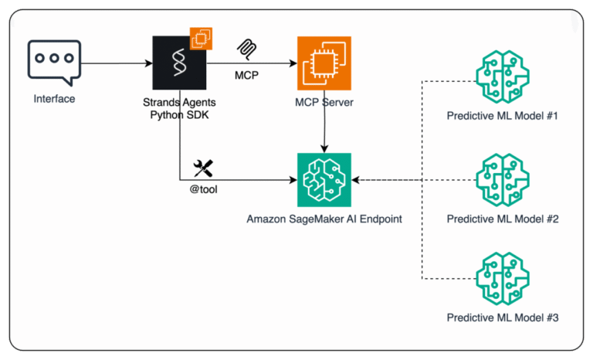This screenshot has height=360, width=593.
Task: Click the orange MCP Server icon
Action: (324, 63)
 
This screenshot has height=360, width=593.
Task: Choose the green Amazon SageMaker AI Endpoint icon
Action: (324, 179)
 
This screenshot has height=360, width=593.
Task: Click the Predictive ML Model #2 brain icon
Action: (502, 180)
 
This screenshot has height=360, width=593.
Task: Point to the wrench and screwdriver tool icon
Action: (203, 167)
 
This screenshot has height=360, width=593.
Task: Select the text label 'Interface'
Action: (54, 100)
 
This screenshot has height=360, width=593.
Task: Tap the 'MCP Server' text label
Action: (324, 102)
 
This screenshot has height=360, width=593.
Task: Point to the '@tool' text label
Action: (203, 189)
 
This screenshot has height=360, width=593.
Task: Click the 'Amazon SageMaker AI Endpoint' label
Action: (324, 219)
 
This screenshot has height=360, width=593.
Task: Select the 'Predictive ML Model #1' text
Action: (502, 117)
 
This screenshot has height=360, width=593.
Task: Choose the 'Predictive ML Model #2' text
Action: (502, 219)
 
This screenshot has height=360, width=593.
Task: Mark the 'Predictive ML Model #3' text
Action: (502, 318)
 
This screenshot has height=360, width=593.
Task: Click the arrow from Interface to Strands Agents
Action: (116, 63)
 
